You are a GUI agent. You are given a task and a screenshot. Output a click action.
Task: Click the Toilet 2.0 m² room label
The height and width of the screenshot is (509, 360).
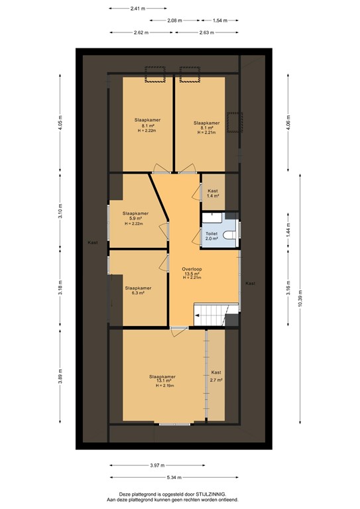pos(211,237)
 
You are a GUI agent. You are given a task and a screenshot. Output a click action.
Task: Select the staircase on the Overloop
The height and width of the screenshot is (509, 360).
pos(216,315)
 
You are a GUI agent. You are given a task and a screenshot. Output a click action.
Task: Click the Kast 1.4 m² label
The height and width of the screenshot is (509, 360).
pos(212,194)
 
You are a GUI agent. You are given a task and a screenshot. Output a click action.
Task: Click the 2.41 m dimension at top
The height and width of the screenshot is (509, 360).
pos(137,9)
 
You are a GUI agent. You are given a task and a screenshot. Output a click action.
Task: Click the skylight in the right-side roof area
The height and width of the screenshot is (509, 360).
pos(234,124)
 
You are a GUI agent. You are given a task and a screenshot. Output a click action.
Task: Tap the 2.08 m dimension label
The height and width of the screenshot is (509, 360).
pos(175,21)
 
